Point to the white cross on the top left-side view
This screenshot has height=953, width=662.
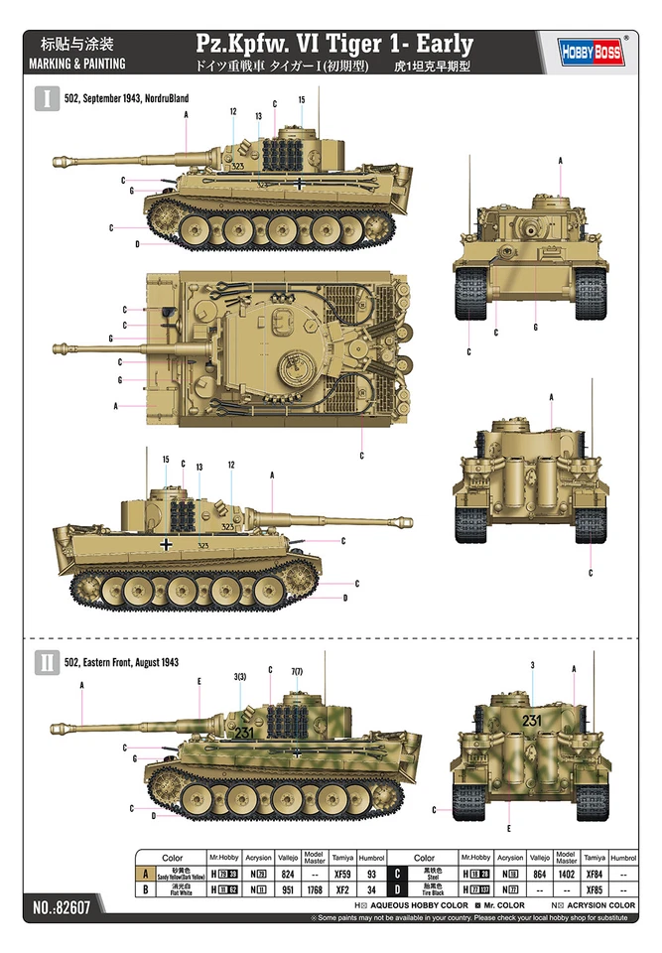click(x=300, y=184)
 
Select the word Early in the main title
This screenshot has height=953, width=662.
click(x=446, y=44)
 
